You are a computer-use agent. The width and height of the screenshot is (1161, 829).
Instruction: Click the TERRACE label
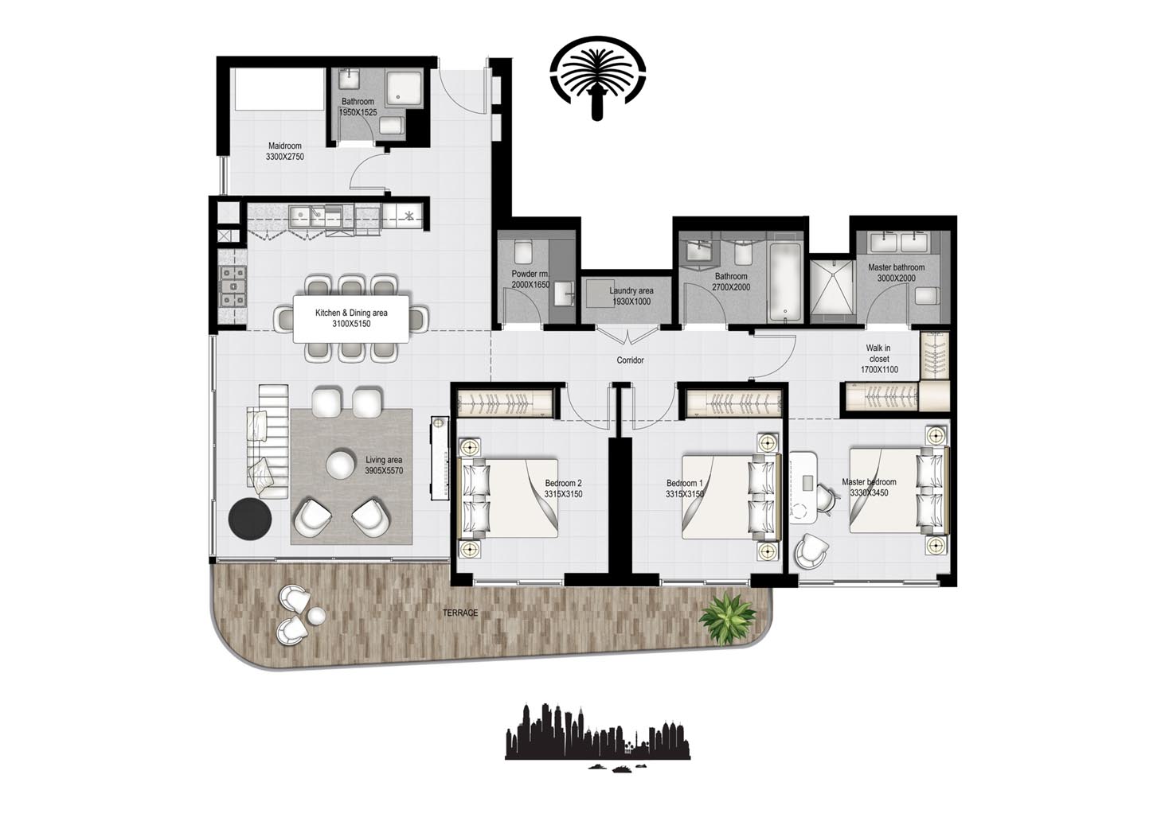pyautogui.click(x=461, y=613)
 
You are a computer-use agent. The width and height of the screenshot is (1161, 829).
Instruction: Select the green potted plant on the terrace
pyautogui.click(x=726, y=618)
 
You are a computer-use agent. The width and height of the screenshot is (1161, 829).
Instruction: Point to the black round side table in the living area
pyautogui.click(x=250, y=519)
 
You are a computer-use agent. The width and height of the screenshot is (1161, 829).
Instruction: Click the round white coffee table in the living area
pyautogui.click(x=341, y=465)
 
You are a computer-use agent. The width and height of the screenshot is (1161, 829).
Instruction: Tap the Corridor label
pyautogui.click(x=630, y=360)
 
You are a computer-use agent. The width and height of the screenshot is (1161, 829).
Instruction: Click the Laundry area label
pyautogui.click(x=631, y=291)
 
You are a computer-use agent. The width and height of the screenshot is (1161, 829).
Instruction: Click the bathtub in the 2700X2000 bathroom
pyautogui.click(x=785, y=282)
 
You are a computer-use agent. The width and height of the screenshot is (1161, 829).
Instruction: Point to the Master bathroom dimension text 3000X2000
pyautogui.click(x=896, y=278)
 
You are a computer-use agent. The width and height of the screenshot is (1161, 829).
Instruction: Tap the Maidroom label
pyautogui.click(x=284, y=146)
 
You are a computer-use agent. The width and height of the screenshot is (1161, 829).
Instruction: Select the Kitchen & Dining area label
pyautogui.click(x=351, y=313)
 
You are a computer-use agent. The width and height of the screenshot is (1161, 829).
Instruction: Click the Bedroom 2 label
pyautogui.click(x=563, y=483)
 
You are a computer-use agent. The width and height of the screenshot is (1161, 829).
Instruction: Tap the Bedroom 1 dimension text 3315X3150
pyautogui.click(x=685, y=494)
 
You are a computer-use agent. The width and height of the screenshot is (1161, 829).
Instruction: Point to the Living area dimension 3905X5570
pyautogui.click(x=384, y=471)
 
